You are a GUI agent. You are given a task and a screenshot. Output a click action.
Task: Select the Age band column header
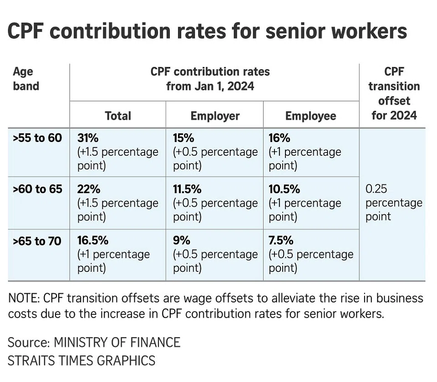[x=26, y=79]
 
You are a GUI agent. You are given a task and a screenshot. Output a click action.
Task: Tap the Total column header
[x=118, y=116]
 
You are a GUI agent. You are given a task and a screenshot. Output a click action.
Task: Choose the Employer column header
[x=214, y=116]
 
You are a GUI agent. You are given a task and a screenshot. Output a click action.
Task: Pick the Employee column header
[x=310, y=116]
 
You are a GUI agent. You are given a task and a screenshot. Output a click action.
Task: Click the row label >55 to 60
[x=37, y=138]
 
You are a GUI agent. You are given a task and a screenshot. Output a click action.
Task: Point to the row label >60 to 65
[x=37, y=188]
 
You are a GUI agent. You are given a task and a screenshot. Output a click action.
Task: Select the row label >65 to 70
[x=37, y=240]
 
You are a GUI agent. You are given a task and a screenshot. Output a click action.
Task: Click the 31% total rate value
[x=88, y=138]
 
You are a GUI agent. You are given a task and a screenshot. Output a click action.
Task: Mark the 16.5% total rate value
[x=93, y=240]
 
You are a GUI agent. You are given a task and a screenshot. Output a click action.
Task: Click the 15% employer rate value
[x=184, y=138]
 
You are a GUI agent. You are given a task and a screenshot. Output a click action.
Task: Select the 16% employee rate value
[x=279, y=138]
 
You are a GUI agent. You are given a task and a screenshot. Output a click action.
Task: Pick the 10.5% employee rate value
[x=285, y=188]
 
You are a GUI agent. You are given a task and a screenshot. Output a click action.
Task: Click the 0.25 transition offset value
[x=376, y=189]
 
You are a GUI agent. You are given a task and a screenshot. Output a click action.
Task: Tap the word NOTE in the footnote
[x=23, y=298]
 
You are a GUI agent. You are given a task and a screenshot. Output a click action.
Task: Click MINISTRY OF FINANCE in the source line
[x=117, y=342]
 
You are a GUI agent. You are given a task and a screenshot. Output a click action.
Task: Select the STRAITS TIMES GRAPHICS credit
[x=81, y=361]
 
